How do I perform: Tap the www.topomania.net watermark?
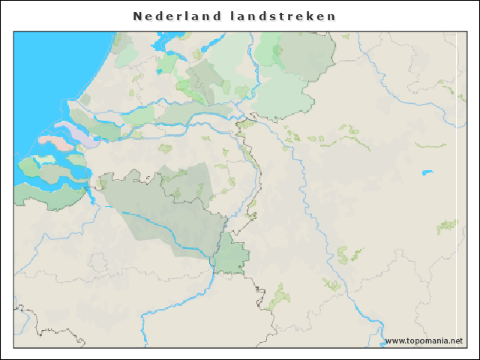pyautogui.click(x=424, y=340)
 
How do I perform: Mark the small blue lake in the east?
pyautogui.click(x=427, y=173)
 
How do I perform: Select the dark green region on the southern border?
pyautogui.click(x=230, y=254)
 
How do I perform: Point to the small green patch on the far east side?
pyautogui.click(x=448, y=226)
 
